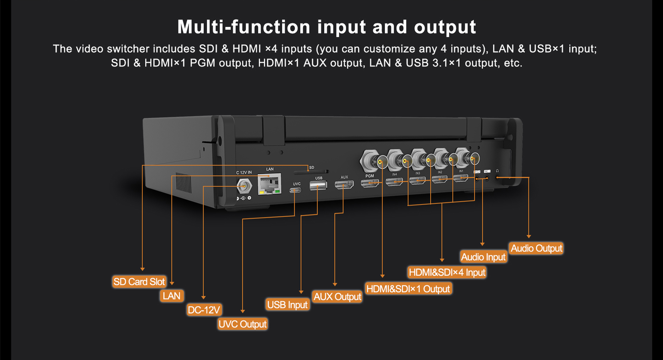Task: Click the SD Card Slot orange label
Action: (139, 282)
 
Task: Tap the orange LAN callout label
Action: (172, 296)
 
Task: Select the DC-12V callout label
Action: (204, 310)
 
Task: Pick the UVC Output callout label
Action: (242, 324)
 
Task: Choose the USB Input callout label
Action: (287, 305)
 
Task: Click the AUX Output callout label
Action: (337, 296)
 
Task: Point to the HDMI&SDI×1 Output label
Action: (408, 289)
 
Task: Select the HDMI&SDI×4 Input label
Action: (447, 272)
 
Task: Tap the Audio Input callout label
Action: (483, 257)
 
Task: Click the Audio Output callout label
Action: (537, 248)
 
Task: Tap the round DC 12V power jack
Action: (244, 187)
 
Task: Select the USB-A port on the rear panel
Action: (318, 186)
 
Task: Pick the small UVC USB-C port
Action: (295, 190)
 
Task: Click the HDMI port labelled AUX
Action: (344, 185)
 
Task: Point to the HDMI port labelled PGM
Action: (369, 183)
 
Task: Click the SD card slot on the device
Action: (311, 172)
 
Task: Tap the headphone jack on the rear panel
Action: (497, 178)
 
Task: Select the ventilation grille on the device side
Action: (183, 182)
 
